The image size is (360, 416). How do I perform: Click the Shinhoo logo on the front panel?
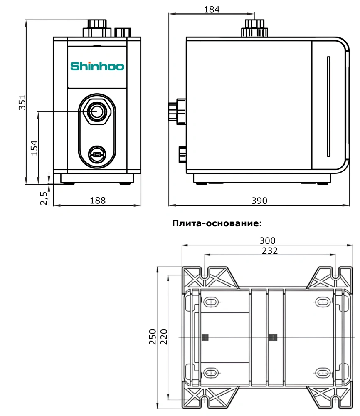coord(97,66)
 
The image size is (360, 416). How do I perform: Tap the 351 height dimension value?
coord(22,102)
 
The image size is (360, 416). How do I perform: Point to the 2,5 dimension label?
coord(44,198)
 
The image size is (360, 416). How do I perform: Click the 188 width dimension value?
coord(98,200)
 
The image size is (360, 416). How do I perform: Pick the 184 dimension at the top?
coord(212,10)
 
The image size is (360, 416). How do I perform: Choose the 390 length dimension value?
coord(259,200)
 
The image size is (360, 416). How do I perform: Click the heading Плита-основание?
coord(217,223)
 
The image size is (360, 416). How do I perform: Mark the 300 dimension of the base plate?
coord(267,240)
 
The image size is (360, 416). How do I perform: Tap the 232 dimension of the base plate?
coord(270,250)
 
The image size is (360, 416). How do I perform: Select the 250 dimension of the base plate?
coord(152,337)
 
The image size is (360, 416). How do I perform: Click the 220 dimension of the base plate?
coord(163,337)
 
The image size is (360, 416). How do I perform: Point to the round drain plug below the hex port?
coord(97,155)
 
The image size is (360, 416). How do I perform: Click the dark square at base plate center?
coord(273,337)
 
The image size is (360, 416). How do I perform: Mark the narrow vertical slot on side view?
coord(328,106)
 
